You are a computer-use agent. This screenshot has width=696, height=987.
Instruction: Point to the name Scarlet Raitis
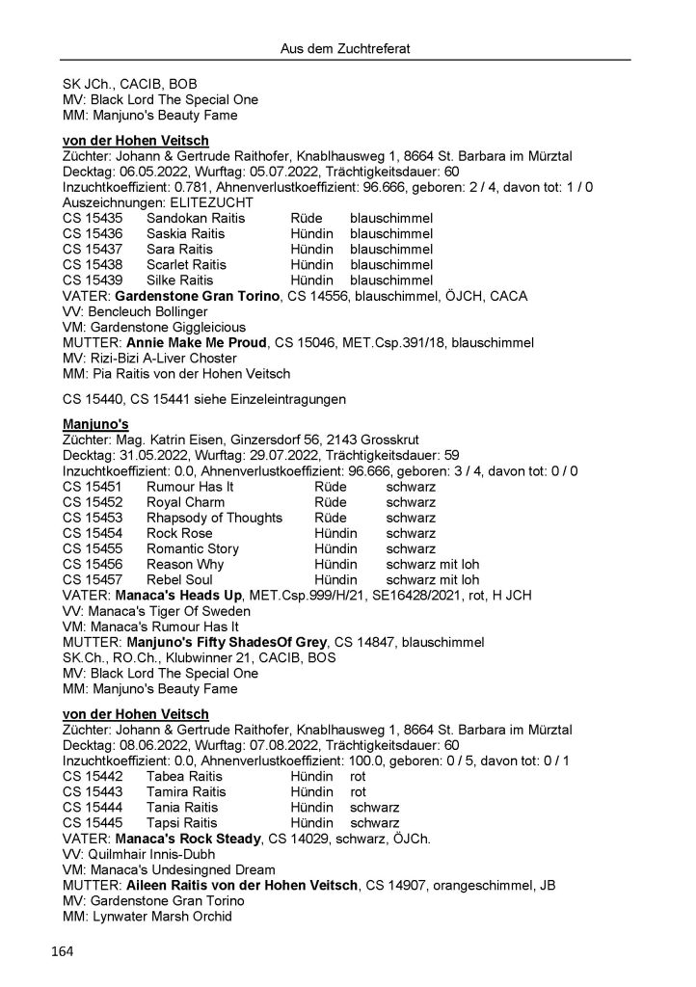click(186, 265)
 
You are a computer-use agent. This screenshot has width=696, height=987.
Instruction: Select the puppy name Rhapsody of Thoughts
click(214, 518)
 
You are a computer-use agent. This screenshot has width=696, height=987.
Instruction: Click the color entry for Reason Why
click(432, 564)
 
